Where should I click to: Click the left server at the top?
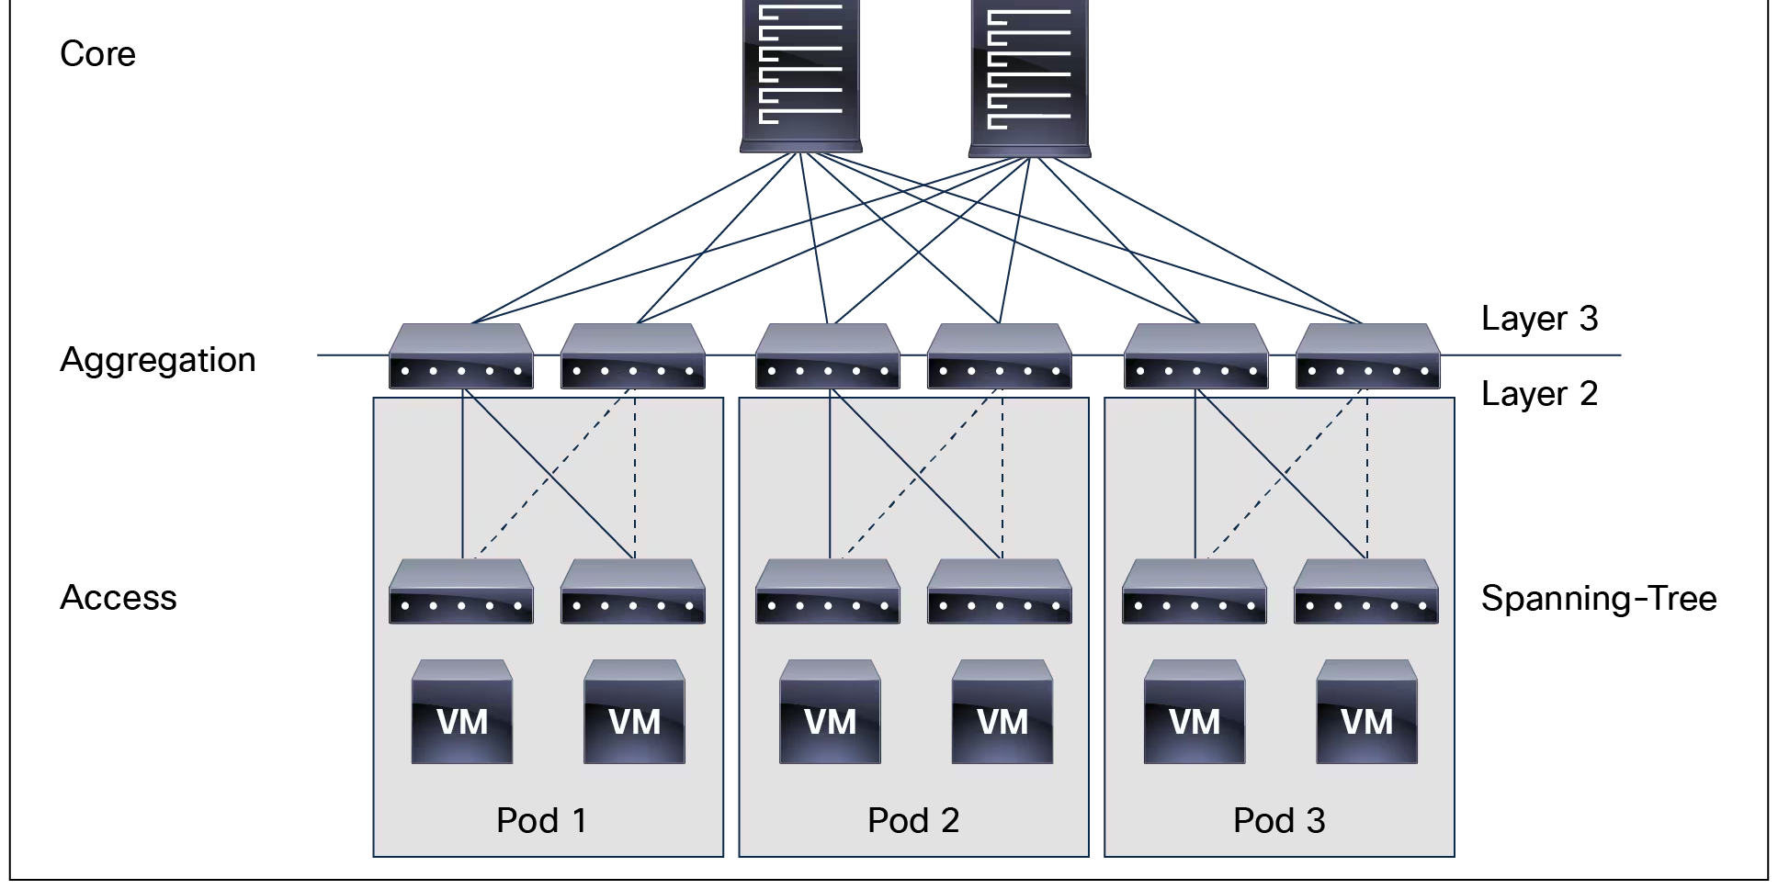[801, 73]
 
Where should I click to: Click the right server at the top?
[1029, 77]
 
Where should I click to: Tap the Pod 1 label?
[541, 820]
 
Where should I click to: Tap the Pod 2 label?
[913, 820]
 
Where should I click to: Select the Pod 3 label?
[1279, 820]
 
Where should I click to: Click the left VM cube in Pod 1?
[461, 712]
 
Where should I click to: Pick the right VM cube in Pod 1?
[634, 712]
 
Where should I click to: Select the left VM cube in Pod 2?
[830, 712]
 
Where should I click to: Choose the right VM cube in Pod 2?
[1002, 712]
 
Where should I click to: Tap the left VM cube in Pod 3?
[1194, 712]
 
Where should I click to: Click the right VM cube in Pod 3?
[1366, 712]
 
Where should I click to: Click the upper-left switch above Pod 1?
[460, 356]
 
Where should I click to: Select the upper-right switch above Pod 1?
[632, 356]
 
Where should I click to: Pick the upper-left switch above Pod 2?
[827, 356]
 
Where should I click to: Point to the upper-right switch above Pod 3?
[1367, 356]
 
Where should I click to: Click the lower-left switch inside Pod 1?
[460, 591]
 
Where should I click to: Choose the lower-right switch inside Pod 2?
[999, 591]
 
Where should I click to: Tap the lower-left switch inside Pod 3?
[1194, 591]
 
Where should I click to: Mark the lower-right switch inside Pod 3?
[1365, 591]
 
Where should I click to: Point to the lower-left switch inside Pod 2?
[827, 591]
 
